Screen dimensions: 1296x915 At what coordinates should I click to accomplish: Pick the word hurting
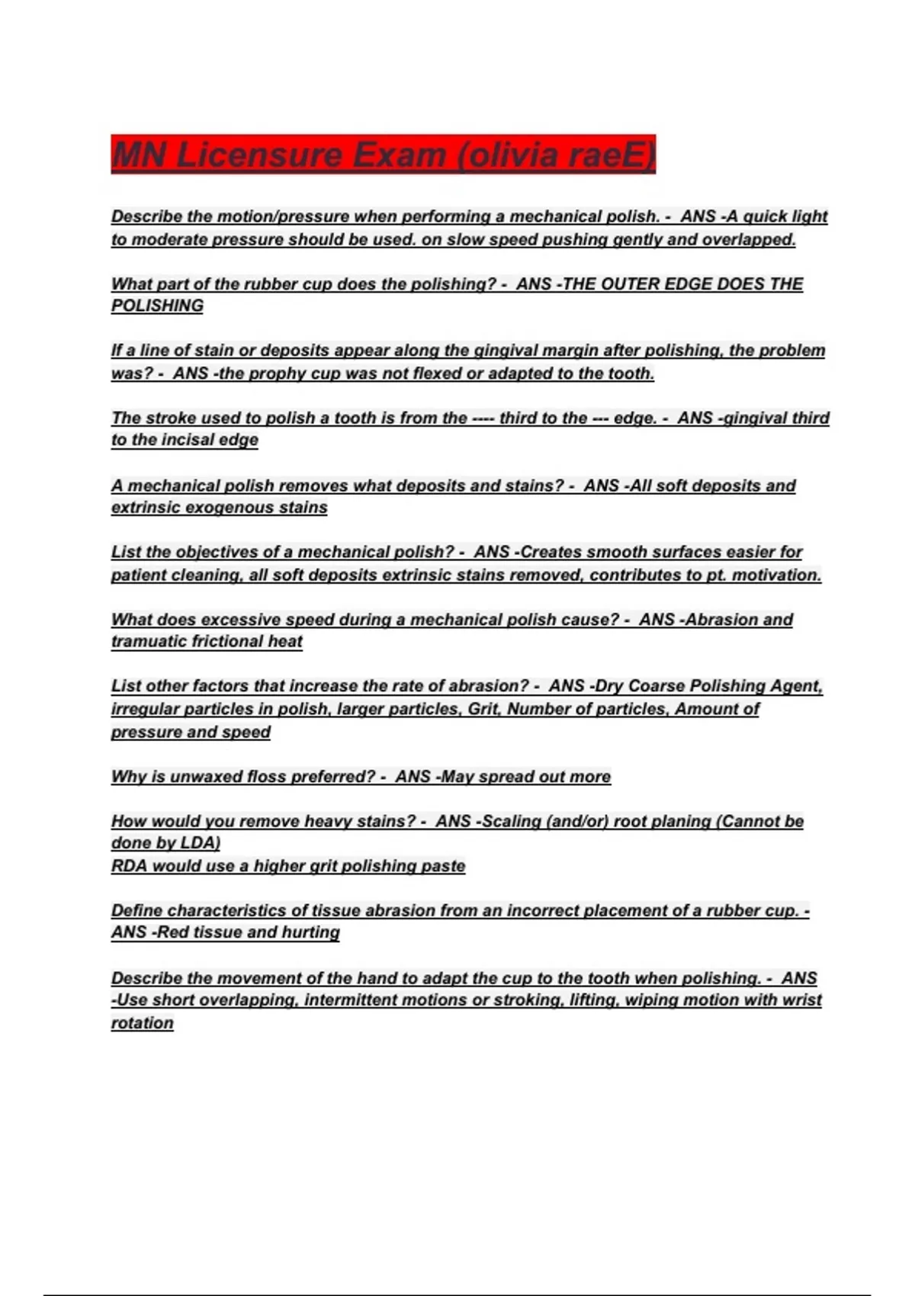pyautogui.click(x=310, y=932)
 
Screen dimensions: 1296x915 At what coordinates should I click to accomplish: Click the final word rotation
pyautogui.click(x=143, y=1023)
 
